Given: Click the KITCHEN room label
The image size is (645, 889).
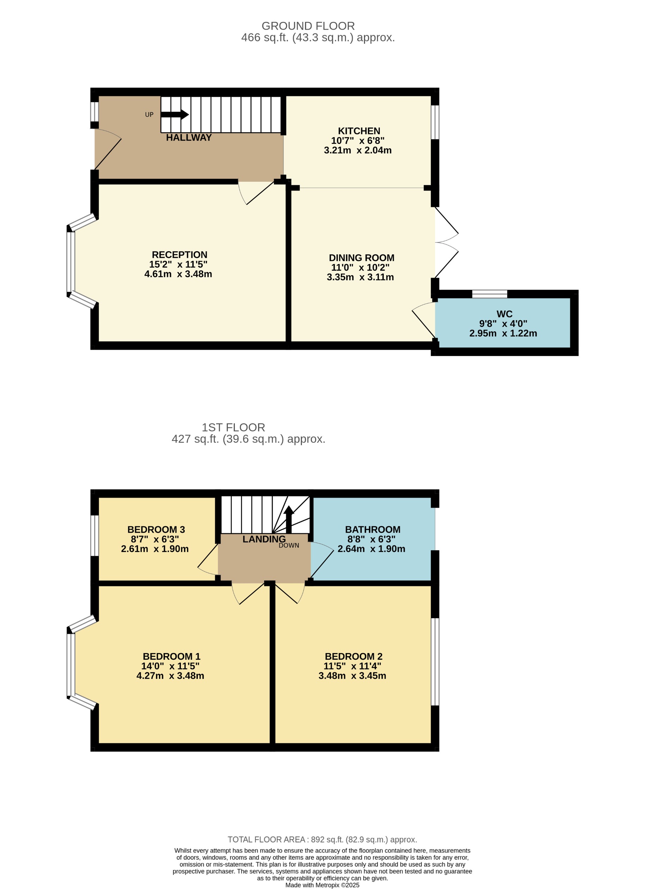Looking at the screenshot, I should point(359,131).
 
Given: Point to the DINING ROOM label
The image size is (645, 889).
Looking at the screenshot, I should point(361,258).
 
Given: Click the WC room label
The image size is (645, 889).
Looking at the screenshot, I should point(504,314).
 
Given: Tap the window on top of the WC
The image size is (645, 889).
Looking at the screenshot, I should point(489,294).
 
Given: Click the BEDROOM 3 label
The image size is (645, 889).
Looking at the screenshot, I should point(156,530).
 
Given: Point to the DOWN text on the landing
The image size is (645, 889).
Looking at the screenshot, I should point(289,545).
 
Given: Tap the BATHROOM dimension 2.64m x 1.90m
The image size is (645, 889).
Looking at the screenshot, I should point(371,549).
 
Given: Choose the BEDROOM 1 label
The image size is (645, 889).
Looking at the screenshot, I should point(171,656).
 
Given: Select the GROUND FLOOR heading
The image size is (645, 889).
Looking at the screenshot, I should point(308,26).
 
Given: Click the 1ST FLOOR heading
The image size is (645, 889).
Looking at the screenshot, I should point(233,427).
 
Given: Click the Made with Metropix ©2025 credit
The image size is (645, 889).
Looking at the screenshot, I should point(322,885).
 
